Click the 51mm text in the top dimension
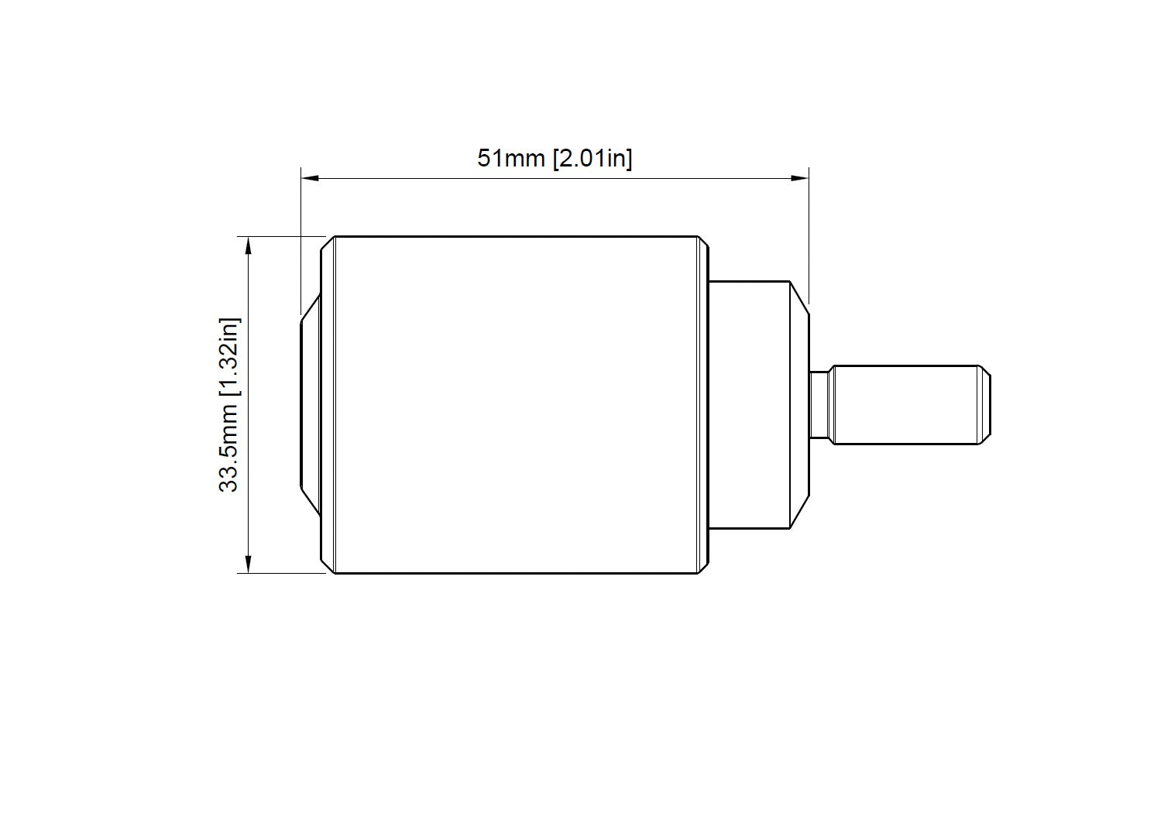510,158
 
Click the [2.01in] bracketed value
592,159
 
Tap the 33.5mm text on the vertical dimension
228,451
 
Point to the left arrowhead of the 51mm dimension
310,178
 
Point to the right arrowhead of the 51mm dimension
800,178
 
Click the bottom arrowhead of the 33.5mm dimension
249,564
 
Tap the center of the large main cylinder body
516,405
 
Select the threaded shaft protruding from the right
912,405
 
